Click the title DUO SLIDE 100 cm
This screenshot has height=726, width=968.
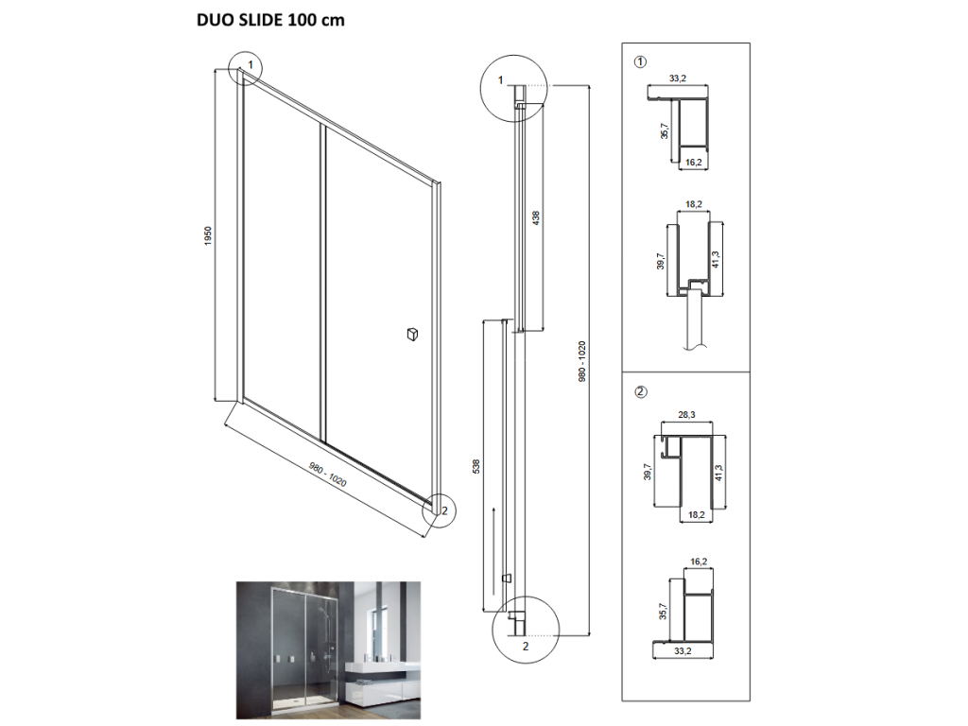coord(270,21)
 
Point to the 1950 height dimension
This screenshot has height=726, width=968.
coord(208,235)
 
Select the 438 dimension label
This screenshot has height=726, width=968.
coord(536,218)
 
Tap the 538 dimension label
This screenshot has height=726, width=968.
coord(476,467)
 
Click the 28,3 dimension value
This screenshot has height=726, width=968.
coord(686,415)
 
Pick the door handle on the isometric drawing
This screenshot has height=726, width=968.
coord(412,334)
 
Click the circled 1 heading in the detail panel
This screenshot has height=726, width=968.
coord(641,61)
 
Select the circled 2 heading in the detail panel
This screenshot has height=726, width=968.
coord(641,391)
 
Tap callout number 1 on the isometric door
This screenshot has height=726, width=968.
coord(250,64)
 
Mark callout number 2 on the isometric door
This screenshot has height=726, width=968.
coord(444,510)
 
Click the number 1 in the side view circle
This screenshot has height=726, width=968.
coord(501,79)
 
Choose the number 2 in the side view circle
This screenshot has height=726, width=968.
coord(526,647)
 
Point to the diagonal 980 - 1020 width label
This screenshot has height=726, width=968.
coord(328,475)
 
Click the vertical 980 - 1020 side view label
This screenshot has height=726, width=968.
coord(581,361)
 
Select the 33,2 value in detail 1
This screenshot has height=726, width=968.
coord(677,78)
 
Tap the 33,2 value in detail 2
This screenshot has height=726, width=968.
coord(683,650)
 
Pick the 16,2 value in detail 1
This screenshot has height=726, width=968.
coord(693,163)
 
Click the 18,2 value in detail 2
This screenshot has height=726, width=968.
coord(697,514)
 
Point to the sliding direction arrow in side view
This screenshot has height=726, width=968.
coord(493,551)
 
